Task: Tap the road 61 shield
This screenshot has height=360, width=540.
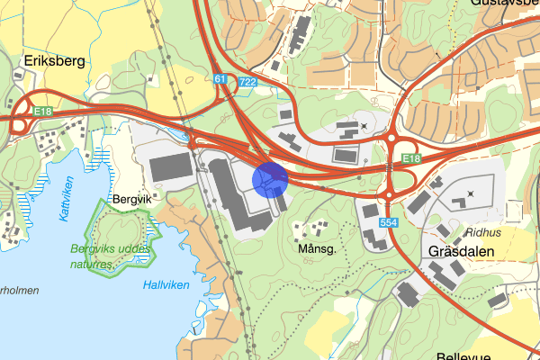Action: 220,80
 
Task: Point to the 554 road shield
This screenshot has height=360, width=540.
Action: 389,221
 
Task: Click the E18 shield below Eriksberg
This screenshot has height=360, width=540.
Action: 43,111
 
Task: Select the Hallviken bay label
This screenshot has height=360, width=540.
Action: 166,284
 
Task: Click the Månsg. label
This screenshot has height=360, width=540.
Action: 316,249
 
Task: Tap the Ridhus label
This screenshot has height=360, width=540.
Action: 483,231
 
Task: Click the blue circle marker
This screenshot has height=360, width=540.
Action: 270,178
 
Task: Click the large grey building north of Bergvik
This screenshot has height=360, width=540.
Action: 170,167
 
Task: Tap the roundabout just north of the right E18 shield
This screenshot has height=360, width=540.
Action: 392,139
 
